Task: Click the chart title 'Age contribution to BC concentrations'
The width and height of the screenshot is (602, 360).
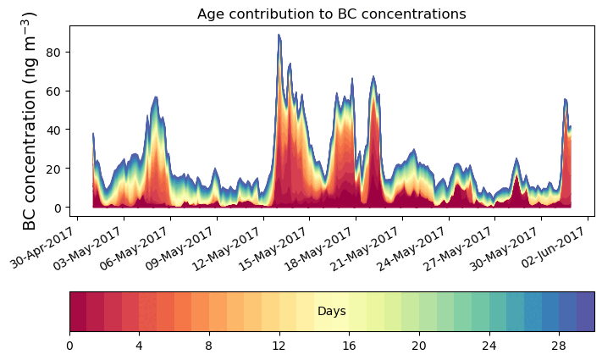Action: coord(331,14)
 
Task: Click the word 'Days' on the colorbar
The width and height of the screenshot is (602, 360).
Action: coord(331,312)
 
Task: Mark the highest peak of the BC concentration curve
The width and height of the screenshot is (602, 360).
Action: coord(278,35)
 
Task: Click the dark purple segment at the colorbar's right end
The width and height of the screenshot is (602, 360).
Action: coord(585,312)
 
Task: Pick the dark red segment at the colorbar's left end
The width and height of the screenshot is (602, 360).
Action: coord(78,312)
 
